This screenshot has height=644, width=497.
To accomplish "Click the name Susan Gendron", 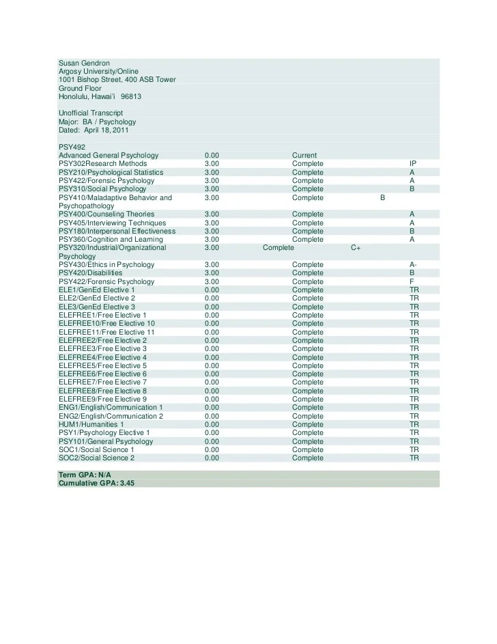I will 85,63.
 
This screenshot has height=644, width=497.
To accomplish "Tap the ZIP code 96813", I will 131,96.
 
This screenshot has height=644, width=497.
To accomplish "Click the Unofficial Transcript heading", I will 91,113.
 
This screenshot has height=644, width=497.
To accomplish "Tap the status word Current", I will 304,156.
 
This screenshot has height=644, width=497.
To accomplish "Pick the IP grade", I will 413,164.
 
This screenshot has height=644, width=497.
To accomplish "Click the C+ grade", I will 356,248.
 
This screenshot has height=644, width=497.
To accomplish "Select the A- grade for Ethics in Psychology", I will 413,264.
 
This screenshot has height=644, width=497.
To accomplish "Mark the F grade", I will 412,281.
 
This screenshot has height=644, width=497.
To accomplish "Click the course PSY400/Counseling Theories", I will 106,214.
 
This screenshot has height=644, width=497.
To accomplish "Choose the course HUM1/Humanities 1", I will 91,424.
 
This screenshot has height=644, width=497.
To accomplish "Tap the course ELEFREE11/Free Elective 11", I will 106,332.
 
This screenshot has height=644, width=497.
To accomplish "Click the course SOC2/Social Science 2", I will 96,458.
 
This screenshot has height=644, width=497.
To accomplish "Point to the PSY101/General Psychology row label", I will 106,441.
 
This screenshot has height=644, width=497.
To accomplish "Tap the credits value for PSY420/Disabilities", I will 211,272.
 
